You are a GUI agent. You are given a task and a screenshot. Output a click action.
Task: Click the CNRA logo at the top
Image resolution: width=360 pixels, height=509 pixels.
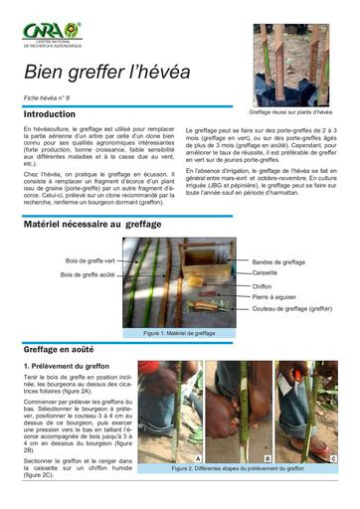[x=55, y=36]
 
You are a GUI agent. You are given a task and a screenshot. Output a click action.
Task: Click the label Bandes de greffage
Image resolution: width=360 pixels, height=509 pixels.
[x=279, y=262]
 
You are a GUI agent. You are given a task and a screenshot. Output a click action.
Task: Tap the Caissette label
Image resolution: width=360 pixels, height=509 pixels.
[x=266, y=272]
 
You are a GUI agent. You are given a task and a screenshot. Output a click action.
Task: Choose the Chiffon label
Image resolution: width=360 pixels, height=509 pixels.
[x=263, y=286]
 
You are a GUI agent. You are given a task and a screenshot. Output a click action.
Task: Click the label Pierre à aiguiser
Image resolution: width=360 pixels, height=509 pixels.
[x=273, y=296]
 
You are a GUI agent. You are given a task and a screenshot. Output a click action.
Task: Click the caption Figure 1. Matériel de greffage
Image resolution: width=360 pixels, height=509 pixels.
[x=179, y=333]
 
